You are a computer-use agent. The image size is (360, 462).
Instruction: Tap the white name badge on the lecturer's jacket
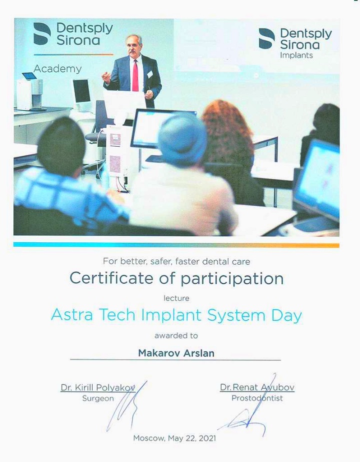point(150,74)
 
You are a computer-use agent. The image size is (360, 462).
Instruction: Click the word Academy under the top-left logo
point(57,69)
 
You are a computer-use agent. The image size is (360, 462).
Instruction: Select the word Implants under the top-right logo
point(296,56)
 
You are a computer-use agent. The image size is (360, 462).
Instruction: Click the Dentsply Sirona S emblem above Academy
point(42,34)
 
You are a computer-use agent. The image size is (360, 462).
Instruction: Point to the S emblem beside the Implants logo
point(266,39)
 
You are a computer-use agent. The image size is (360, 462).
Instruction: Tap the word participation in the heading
point(232,279)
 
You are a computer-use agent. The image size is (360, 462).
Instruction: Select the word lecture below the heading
point(176,298)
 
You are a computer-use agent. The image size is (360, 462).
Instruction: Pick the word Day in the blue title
point(286,316)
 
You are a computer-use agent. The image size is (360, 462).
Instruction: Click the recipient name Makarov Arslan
point(176,353)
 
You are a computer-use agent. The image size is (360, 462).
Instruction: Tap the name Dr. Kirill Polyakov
point(97,387)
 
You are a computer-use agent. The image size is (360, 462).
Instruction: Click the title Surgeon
point(98,398)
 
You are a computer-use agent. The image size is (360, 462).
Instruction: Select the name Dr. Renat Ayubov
point(257,387)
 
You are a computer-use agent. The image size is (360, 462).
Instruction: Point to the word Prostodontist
point(257,398)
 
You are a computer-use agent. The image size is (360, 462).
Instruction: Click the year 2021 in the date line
point(207,438)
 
